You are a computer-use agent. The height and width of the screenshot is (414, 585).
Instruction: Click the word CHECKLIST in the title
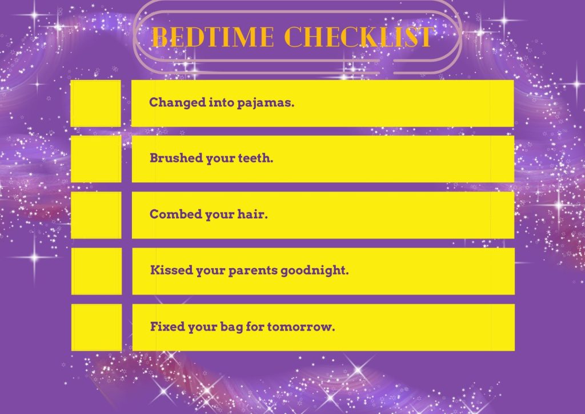coord(358,38)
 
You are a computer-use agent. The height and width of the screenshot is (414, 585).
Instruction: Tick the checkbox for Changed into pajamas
coord(95,103)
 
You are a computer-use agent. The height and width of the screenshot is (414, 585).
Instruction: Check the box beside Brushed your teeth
coord(95,159)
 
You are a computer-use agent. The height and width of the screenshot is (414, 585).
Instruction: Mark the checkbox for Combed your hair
coord(95,215)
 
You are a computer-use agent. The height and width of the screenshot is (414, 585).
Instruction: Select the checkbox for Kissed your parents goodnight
coord(96,271)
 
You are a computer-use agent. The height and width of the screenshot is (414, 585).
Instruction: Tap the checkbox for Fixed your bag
coord(96,327)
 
